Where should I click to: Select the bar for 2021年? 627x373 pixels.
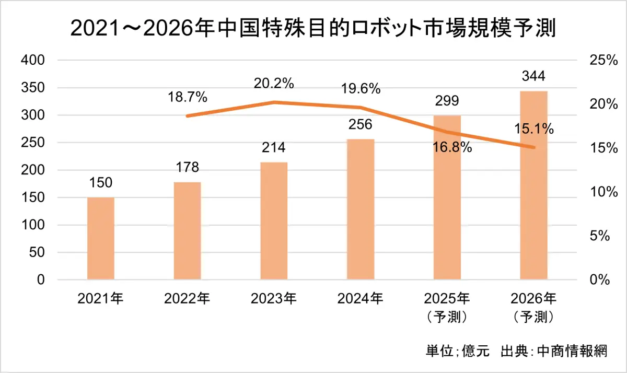(101, 238)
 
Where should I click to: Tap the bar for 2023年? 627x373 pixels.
(274, 221)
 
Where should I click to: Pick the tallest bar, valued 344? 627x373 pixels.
(533, 185)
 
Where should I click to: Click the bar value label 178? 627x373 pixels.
(187, 168)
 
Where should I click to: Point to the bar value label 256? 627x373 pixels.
(361, 125)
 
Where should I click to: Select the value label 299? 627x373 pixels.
(447, 101)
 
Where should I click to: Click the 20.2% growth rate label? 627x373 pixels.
(274, 83)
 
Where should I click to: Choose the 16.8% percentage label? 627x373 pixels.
(452, 147)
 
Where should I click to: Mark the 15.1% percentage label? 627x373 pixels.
(534, 129)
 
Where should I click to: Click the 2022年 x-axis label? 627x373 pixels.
(187, 299)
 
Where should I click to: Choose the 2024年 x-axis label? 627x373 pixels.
(361, 299)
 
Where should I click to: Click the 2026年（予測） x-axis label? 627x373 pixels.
(533, 307)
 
